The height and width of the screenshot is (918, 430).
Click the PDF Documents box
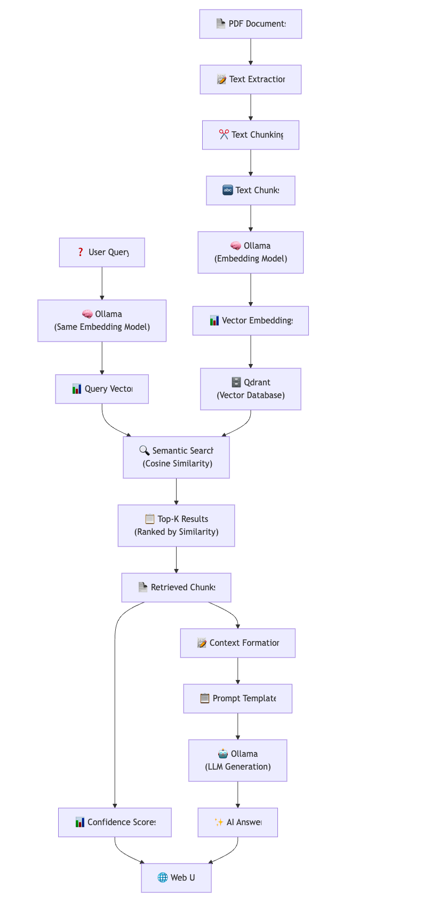250,24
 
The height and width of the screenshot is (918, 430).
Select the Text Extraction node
250,80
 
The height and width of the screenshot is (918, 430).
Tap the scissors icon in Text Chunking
224,134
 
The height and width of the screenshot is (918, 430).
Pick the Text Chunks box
250,191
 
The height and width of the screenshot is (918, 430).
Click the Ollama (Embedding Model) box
250,252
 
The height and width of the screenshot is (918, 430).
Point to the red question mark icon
81,252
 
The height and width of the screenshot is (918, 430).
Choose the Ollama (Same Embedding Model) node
102,321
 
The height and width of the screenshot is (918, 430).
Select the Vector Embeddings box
250,321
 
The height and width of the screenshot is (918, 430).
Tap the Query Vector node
102,389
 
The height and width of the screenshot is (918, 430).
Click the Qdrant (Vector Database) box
250,389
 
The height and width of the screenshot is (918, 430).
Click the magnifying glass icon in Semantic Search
144,450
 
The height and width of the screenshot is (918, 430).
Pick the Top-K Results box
176,526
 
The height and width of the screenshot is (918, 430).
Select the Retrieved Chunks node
176,588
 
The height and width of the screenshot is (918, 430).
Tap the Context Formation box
237,643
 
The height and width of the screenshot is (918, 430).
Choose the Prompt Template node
237,699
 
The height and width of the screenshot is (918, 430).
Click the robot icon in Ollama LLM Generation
223,754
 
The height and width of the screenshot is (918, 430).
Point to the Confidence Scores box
115,822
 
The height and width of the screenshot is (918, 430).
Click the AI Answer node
237,822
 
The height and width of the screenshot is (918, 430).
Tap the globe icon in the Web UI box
163,877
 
